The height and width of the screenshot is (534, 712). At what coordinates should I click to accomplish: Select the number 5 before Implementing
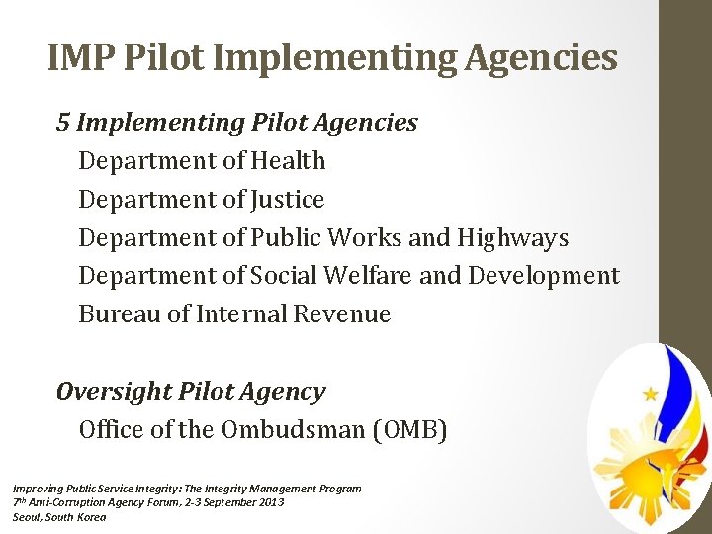click(x=63, y=123)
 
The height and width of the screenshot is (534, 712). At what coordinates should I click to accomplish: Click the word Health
click(x=288, y=160)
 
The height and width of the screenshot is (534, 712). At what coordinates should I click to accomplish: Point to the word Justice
click(x=288, y=199)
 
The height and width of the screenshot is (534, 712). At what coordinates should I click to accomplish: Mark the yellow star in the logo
click(x=650, y=394)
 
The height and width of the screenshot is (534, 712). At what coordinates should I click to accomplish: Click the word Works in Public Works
click(x=361, y=238)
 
